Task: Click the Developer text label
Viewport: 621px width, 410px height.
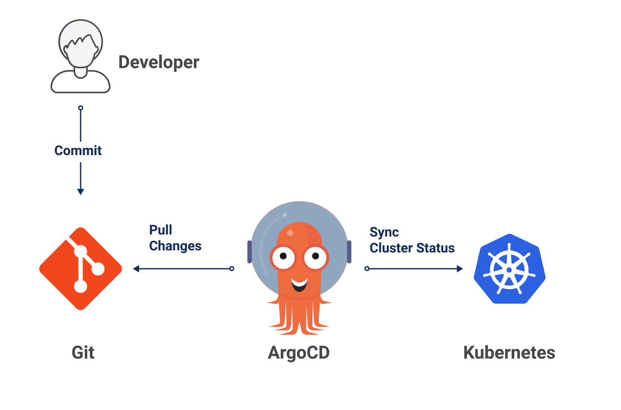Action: tap(159, 62)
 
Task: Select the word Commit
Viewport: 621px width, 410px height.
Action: tap(78, 150)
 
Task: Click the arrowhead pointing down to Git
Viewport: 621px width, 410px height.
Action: tap(81, 191)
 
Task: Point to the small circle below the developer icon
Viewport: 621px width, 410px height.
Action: tap(81, 108)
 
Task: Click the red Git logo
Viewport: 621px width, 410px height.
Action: tap(81, 269)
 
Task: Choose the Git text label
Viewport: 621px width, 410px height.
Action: tap(83, 352)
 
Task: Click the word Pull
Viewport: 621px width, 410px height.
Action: tap(160, 230)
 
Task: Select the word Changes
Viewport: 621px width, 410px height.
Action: tap(175, 246)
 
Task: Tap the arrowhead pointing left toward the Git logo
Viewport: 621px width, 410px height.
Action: tap(136, 269)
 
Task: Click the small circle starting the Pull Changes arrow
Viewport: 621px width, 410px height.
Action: tap(232, 269)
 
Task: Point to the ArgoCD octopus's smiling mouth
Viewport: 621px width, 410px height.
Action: tap(299, 285)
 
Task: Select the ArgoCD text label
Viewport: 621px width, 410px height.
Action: tap(299, 352)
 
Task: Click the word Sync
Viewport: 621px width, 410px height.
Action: tap(384, 232)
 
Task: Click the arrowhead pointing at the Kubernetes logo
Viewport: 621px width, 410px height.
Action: tap(460, 269)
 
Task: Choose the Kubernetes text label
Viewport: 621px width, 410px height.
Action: tap(509, 352)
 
